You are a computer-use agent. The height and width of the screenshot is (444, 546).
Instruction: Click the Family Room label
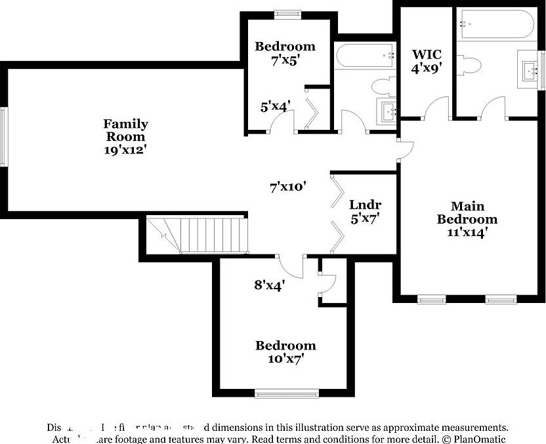point(125,130)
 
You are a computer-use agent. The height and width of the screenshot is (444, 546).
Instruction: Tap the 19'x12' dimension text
point(125,150)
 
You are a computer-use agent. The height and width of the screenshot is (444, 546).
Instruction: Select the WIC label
point(426,54)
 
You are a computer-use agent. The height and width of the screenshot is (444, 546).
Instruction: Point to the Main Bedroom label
point(467,212)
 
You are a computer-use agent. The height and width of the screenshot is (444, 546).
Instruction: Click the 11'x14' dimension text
point(467,232)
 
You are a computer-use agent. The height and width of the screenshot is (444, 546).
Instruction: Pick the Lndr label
point(366,205)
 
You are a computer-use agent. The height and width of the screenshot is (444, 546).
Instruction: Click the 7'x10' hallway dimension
point(289,186)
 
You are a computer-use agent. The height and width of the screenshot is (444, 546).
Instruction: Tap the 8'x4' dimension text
point(268,285)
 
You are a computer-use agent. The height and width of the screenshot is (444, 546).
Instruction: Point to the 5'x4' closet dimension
point(274,106)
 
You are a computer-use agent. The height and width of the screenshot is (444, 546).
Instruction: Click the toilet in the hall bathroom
point(381,86)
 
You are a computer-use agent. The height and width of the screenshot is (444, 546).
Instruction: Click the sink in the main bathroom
point(529,68)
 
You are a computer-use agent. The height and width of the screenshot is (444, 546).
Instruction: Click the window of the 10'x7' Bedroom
point(286,394)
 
